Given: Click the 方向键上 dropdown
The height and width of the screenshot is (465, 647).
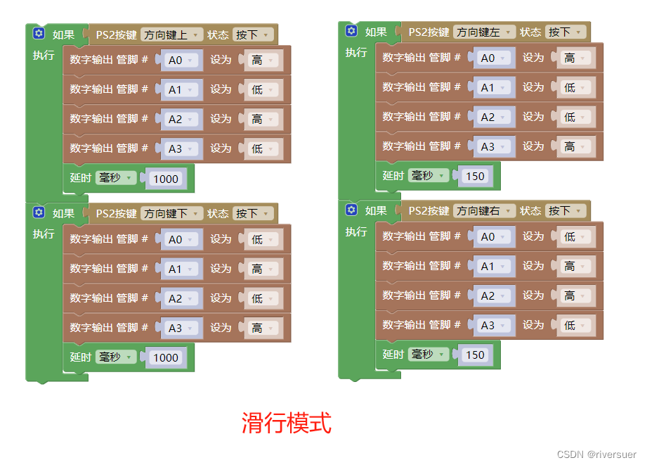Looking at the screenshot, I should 171,34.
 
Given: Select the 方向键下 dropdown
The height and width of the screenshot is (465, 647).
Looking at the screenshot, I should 171,213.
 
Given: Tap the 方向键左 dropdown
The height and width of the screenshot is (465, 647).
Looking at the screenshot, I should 484,32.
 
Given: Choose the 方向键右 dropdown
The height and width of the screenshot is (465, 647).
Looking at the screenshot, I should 484,211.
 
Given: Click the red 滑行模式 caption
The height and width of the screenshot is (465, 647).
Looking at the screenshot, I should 287,423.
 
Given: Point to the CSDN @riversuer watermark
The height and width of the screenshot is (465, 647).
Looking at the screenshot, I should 596,454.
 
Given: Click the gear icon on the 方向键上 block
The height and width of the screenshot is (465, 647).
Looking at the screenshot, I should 38,34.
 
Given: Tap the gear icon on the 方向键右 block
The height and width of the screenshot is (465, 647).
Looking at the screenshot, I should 351,210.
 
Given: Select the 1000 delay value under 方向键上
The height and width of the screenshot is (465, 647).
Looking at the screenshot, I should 166,179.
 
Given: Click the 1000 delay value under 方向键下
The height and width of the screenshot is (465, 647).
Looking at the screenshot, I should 166,357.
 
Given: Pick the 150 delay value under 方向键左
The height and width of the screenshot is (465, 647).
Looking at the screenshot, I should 475,176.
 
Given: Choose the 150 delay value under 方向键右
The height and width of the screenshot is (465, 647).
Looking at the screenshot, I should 475,355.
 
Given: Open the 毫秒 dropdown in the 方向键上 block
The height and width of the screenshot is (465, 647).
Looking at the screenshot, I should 115,178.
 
